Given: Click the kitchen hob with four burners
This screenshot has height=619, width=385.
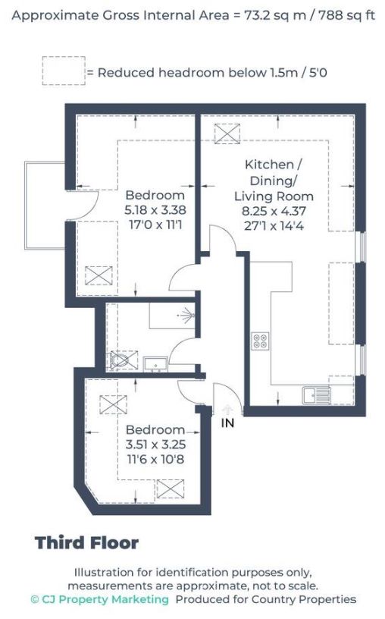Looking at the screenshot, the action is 261,341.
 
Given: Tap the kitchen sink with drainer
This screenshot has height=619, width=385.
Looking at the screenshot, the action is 317,395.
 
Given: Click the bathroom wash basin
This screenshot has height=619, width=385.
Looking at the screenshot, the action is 155,364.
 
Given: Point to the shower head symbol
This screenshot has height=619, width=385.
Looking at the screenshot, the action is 186,316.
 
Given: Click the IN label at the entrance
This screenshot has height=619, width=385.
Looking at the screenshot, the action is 227,423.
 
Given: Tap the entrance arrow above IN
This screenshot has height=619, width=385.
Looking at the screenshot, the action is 227,409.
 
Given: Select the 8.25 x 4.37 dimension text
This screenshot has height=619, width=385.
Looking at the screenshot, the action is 274,211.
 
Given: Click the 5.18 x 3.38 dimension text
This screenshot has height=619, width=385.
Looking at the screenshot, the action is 155,209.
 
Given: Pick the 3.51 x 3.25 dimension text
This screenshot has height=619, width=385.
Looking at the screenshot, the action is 155,444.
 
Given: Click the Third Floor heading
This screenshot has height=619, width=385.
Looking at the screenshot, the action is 87,543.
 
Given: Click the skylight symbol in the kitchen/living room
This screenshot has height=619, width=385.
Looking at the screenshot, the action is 227,134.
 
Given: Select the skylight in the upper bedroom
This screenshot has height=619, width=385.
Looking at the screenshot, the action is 99,275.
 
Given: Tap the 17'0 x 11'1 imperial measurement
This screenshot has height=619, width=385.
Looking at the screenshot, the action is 155,225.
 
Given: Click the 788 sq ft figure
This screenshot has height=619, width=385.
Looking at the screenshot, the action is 346,15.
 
